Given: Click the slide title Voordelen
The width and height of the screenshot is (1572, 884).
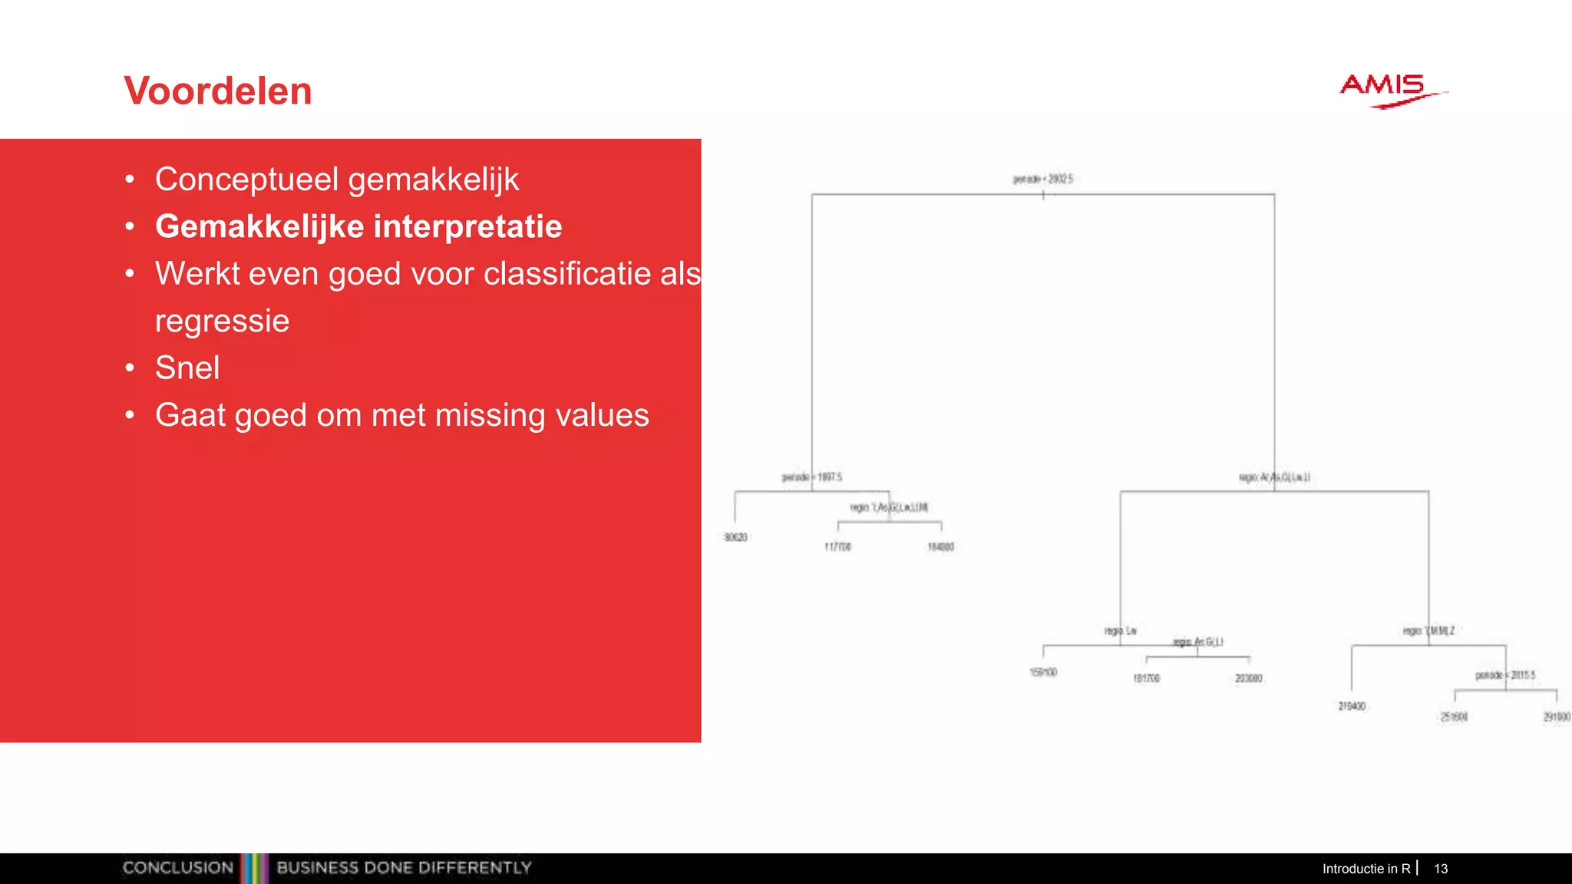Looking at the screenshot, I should coord(218,91).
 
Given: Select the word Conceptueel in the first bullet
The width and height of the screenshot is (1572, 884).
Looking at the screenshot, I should coord(246,180).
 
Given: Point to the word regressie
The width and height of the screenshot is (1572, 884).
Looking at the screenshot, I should coord(222,321).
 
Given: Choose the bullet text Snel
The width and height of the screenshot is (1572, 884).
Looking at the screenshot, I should coord(187,368).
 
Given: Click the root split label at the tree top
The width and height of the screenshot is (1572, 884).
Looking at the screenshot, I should coord(1042,179).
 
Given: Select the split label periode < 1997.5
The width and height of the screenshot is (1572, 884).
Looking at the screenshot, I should coord(812,477).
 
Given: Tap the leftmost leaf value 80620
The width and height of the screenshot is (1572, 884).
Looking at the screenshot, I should coord(735,537).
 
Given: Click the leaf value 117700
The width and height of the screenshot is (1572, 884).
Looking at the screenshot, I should coord(837,547).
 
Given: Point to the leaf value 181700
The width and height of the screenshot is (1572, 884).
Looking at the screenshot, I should coord(1146,678).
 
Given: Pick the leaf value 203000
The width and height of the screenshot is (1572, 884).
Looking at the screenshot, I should coord(1248,678).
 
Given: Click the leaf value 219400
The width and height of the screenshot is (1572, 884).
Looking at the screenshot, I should coord(1352,706).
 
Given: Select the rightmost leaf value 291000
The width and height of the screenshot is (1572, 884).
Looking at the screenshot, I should coord(1557,717).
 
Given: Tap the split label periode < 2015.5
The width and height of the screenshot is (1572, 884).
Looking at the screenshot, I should coord(1504,675).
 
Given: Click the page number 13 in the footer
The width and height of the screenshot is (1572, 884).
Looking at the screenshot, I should coord(1441,869).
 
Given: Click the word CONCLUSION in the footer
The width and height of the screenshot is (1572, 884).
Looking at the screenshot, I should coord(178,868).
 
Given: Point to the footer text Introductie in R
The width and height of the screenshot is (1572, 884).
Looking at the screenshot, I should coord(1366,869).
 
